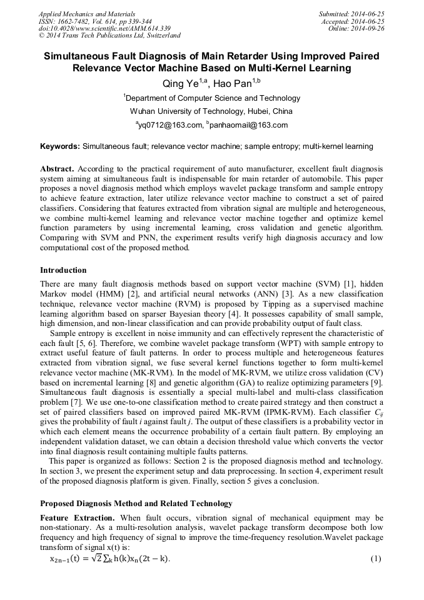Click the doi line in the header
pyautogui.click(x=86, y=29)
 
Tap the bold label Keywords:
pyautogui.click(x=60, y=146)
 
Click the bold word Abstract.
pyautogui.click(x=57, y=170)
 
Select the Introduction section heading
pyautogui.click(x=63, y=270)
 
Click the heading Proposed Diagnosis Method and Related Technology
pyautogui.click(x=136, y=504)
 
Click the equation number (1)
pyautogui.click(x=376, y=558)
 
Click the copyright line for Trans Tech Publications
pyautogui.click(x=109, y=36)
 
